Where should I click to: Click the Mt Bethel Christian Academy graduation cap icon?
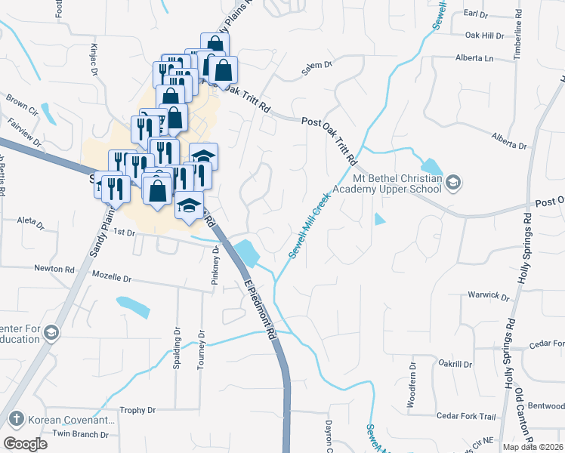(452, 181)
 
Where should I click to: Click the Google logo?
(25, 443)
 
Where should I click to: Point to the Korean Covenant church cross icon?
(15, 419)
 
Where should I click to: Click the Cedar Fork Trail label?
(466, 417)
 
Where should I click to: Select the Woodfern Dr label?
(412, 390)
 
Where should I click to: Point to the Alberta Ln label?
(474, 58)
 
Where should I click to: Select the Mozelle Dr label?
(112, 278)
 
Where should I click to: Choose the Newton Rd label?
(54, 268)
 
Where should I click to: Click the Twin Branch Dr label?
(80, 434)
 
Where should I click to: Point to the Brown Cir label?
(22, 102)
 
